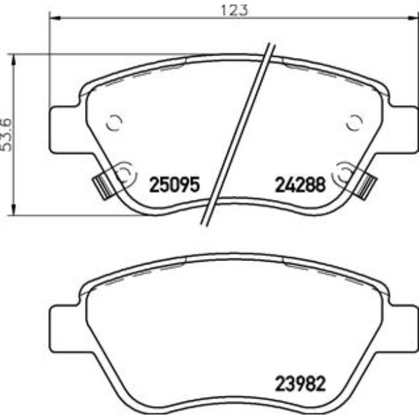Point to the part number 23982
click(x=298, y=380)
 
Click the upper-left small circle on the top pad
click(x=113, y=122)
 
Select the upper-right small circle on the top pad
click(x=354, y=122)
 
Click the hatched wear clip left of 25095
click(x=101, y=186)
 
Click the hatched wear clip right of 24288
click(x=367, y=185)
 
